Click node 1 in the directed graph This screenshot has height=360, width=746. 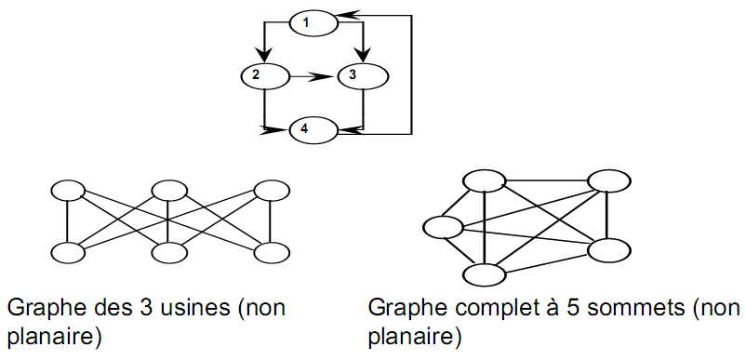(310, 20)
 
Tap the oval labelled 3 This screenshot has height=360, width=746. (358, 73)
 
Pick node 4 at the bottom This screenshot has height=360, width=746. (310, 130)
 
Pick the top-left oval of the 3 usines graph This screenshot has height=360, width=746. (67, 191)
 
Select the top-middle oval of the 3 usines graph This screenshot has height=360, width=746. (168, 191)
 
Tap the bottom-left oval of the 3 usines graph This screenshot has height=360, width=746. (67, 252)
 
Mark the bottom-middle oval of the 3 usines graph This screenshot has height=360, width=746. (168, 252)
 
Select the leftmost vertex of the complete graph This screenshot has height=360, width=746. (442, 227)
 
